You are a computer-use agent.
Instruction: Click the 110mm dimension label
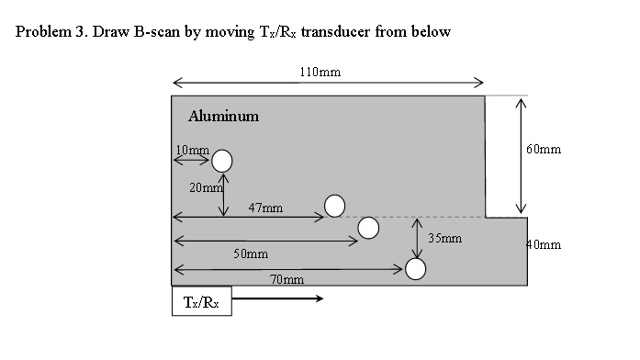320,71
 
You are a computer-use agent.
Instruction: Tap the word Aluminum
223,117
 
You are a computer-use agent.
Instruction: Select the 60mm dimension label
545,149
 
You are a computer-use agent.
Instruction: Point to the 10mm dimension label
192,149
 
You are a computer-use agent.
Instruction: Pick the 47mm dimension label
264,208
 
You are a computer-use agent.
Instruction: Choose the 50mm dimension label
250,253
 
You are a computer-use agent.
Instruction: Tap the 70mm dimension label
287,278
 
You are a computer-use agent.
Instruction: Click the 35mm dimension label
444,238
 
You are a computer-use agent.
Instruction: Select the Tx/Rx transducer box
201,300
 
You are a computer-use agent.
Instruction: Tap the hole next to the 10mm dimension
222,162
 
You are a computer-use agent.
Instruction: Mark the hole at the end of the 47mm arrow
335,206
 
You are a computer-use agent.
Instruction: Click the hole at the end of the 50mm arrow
369,228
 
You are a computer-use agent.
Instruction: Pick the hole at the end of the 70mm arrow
416,268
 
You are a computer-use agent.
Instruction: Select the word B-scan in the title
159,32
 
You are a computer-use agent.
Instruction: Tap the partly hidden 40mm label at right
543,245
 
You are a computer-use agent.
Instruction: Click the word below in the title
432,32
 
